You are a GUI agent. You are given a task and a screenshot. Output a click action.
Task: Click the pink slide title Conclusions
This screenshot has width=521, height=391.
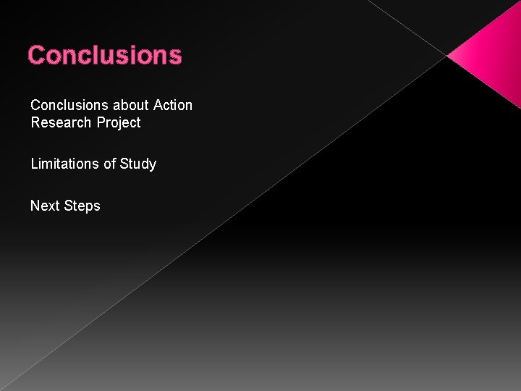tap(105, 55)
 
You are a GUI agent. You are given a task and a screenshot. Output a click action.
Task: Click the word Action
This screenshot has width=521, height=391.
tap(173, 106)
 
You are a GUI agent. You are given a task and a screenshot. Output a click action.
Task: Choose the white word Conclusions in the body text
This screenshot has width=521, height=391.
tap(69, 106)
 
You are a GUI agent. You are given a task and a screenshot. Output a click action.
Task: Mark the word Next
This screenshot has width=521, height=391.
tap(45, 206)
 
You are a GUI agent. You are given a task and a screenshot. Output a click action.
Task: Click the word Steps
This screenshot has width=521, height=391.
tap(82, 206)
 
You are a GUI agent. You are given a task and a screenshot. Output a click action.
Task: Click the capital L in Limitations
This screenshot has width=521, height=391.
tap(34, 164)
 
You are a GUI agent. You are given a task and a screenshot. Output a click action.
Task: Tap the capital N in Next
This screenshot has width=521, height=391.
tap(35, 206)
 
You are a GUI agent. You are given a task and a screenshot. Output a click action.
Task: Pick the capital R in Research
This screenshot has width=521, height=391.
tap(35, 123)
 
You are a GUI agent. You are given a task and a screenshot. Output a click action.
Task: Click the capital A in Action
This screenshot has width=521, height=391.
tap(158, 106)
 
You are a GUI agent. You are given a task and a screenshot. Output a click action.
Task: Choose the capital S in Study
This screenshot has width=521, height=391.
tap(124, 164)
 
